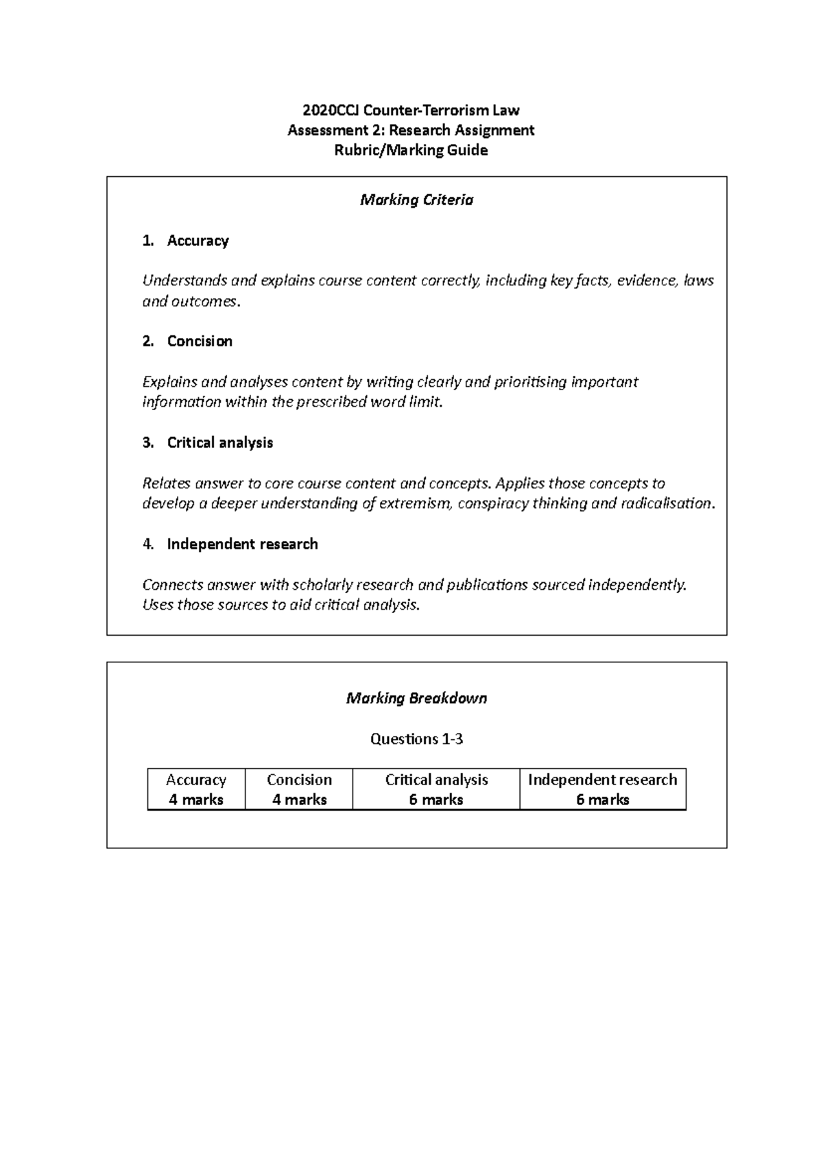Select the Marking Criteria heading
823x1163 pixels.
416,200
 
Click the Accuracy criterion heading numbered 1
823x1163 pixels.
198,241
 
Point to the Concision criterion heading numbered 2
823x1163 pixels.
200,341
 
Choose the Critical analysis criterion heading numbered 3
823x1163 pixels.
219,443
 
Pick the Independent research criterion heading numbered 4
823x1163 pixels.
242,544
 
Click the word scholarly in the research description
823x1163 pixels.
325,585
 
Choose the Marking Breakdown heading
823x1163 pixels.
416,699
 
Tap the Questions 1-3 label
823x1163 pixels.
416,739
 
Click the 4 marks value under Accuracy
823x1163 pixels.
196,800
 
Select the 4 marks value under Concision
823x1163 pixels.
299,800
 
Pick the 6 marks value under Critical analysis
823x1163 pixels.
436,800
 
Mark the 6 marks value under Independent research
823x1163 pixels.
603,800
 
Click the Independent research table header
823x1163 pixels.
603,780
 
